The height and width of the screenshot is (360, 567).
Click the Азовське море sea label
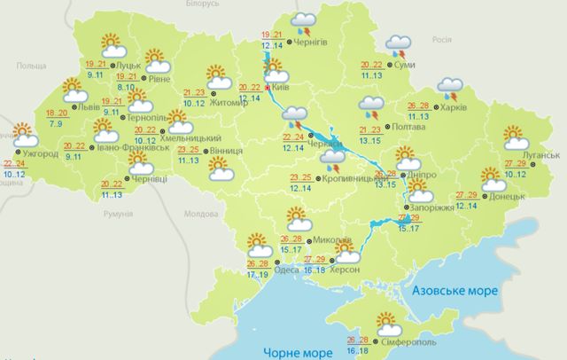(452, 290)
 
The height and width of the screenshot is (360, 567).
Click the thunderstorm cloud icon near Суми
(400, 46)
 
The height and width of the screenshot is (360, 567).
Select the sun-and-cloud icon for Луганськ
(516, 137)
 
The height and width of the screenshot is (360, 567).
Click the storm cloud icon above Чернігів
(306, 22)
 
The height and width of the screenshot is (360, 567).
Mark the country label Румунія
(117, 215)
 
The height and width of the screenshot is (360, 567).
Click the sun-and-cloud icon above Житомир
(219, 76)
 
